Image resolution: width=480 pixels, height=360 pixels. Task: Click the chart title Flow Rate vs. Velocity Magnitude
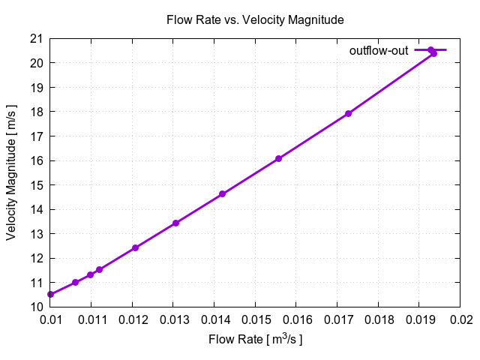pos(255,20)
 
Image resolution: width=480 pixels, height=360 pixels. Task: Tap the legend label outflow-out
pos(379,50)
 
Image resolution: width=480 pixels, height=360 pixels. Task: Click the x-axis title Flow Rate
pos(255,340)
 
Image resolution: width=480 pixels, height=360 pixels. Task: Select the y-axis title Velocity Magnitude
pos(11,172)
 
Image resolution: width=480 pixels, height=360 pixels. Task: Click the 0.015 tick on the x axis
pos(255,319)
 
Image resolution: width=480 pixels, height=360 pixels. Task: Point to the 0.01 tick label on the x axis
pos(50,319)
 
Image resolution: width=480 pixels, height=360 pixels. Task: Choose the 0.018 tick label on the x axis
pos(378,319)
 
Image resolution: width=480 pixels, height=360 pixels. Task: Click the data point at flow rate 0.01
pos(50,295)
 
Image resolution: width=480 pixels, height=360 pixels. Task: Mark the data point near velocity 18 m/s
pos(348,113)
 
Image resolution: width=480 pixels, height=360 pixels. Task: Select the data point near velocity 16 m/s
pos(278,158)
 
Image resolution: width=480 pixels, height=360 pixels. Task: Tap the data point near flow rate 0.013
pos(175,223)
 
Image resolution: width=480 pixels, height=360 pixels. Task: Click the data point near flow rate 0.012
pos(135,247)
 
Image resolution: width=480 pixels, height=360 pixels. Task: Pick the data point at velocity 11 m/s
pos(75,282)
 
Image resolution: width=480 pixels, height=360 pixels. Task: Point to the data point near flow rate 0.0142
pos(222,193)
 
